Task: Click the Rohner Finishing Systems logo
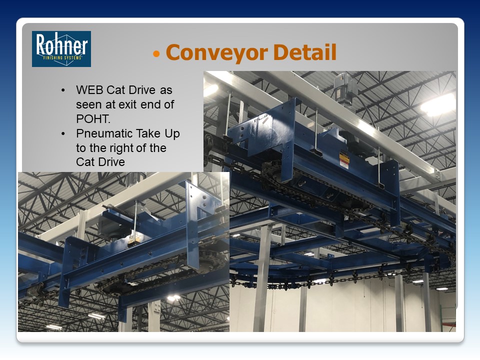pos(61,48)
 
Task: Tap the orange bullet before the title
pos(156,54)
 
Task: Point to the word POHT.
pos(93,119)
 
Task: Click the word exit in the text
pos(128,104)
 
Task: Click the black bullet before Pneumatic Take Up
pos(63,134)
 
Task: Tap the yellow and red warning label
pos(344,160)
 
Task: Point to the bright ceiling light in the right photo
pos(438,105)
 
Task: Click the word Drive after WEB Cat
pos(142,90)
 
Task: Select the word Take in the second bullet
pos(148,133)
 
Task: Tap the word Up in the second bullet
pos(172,134)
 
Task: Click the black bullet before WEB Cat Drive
pos(63,90)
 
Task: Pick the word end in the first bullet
pos(150,104)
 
